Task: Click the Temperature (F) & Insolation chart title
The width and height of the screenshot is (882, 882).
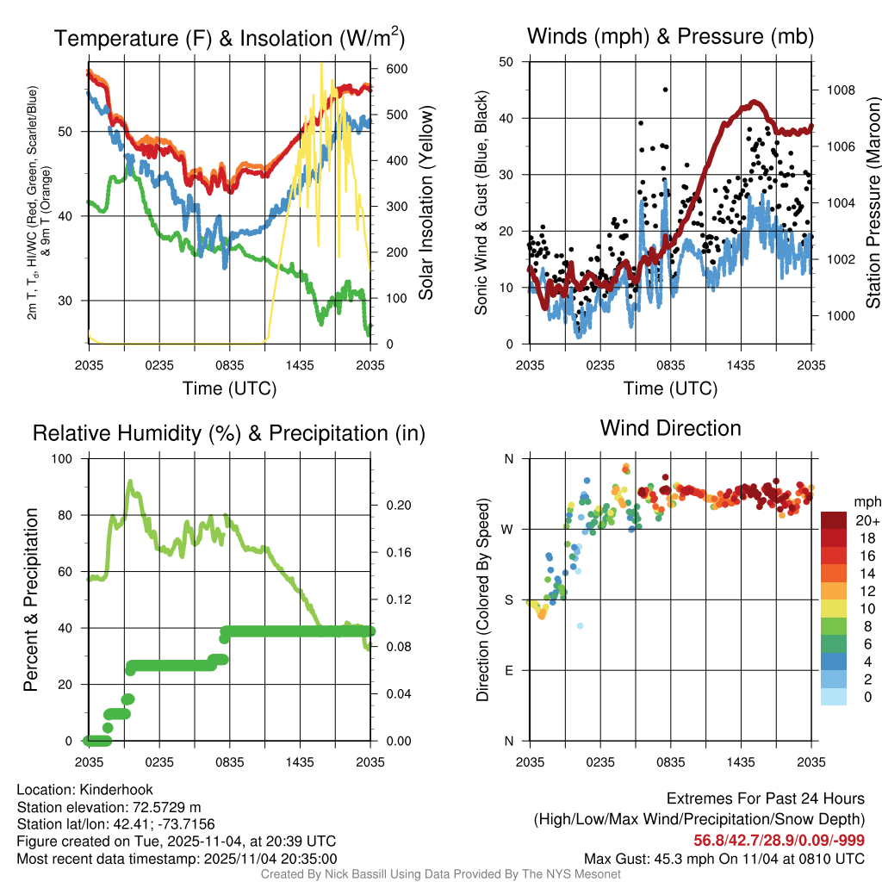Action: pyautogui.click(x=229, y=39)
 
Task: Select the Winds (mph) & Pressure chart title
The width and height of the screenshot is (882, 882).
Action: pyautogui.click(x=671, y=36)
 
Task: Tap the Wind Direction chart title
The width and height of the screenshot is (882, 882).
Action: pyautogui.click(x=670, y=428)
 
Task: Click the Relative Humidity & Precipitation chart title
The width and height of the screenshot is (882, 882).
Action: pyautogui.click(x=229, y=433)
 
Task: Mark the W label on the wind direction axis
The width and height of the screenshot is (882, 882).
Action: pyautogui.click(x=508, y=529)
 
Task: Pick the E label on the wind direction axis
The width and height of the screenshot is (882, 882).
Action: pyautogui.click(x=509, y=670)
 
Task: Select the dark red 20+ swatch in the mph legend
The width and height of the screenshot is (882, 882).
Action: pyautogui.click(x=833, y=520)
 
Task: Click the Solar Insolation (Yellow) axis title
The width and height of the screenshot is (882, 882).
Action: pyautogui.click(x=425, y=203)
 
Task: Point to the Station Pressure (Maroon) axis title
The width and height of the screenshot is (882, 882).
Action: pyautogui.click(x=873, y=203)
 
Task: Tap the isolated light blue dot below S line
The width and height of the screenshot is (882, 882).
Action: pyautogui.click(x=581, y=625)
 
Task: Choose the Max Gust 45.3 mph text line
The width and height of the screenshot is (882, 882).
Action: pyautogui.click(x=724, y=859)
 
